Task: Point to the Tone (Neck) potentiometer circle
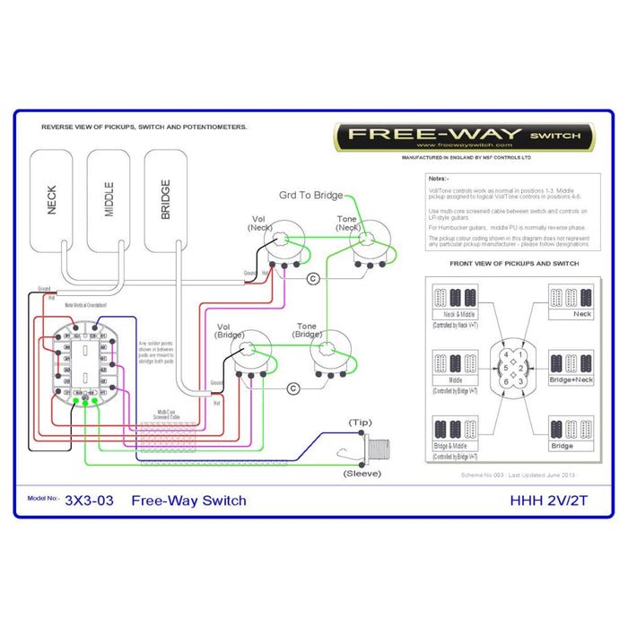(x=370, y=243)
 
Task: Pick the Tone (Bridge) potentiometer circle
(x=327, y=351)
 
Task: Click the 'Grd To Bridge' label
(x=310, y=195)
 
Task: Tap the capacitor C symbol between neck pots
(x=313, y=278)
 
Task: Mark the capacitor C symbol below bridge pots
(x=292, y=388)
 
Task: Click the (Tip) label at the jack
(x=361, y=421)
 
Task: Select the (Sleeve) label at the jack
(x=361, y=473)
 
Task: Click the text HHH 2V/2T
(x=551, y=500)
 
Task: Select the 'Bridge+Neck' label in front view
(x=571, y=380)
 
